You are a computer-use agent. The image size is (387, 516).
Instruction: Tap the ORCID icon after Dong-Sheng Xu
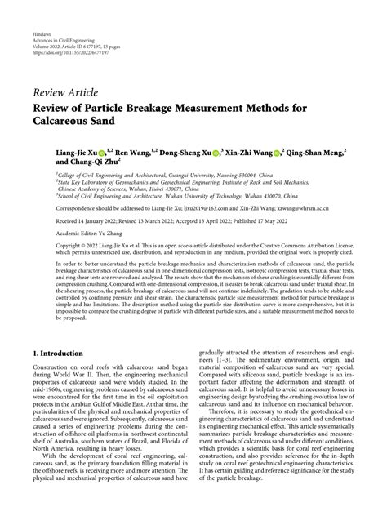point(216,152)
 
